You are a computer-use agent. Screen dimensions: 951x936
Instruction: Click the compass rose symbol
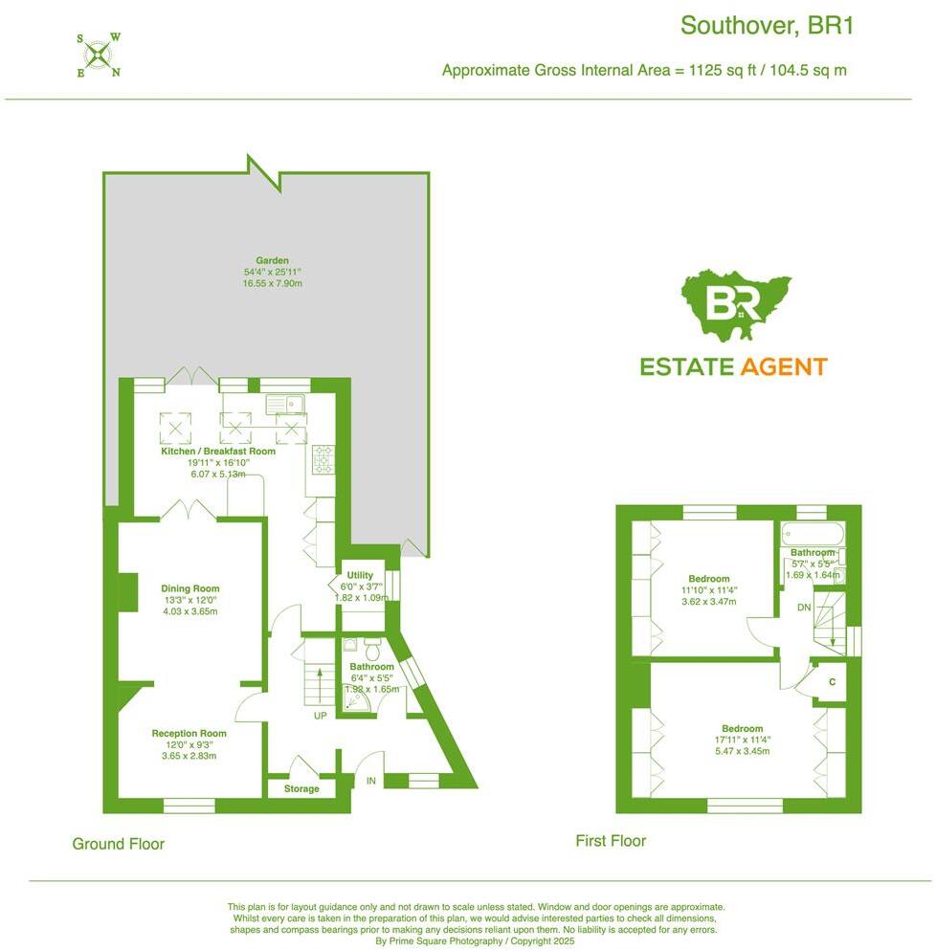pyautogui.click(x=98, y=55)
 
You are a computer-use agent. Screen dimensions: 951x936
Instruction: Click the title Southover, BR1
pyautogui.click(x=766, y=25)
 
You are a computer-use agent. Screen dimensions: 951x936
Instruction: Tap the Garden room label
pyautogui.click(x=272, y=260)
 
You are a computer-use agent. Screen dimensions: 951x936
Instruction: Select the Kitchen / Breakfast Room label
pyautogui.click(x=218, y=451)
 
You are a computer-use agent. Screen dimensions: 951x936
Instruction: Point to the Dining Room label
pyautogui.click(x=190, y=588)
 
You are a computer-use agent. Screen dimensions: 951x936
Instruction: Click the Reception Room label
pyautogui.click(x=189, y=734)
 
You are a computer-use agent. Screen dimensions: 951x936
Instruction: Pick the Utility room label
pyautogui.click(x=360, y=575)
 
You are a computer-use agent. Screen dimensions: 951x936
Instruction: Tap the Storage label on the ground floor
pyautogui.click(x=301, y=789)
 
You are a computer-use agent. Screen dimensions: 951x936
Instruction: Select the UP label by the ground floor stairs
pyautogui.click(x=321, y=715)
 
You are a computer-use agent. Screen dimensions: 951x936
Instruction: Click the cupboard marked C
pyautogui.click(x=833, y=682)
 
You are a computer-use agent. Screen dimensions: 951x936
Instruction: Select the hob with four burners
pyautogui.click(x=322, y=459)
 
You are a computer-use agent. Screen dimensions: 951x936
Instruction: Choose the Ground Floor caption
pyautogui.click(x=119, y=844)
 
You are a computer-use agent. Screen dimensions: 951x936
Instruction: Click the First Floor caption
pyautogui.click(x=611, y=841)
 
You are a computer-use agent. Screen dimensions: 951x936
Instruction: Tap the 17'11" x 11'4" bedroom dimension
pyautogui.click(x=743, y=740)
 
